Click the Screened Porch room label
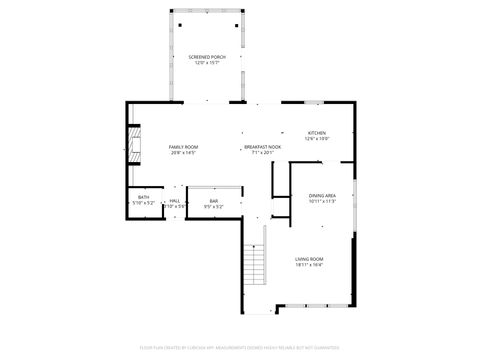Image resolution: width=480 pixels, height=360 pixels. tap(208, 57)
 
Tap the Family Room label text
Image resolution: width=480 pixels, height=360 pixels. tap(183, 147)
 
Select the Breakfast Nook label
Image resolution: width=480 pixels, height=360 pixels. tap(263, 147)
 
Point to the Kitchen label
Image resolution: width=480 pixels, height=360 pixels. tap(317, 132)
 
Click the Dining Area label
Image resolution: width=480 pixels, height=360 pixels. tap(322, 195)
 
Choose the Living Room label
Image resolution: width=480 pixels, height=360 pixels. tap(309, 259)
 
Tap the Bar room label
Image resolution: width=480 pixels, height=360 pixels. tap(213, 201)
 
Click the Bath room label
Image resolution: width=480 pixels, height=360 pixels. tap(144, 197)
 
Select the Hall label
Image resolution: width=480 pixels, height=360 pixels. tap(174, 201)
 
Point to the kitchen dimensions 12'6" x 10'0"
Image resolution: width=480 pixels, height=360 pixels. tap(317, 138)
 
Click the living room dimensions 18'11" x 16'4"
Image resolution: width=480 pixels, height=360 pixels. tap(309, 265)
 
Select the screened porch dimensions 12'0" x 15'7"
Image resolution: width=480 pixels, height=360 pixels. tap(208, 63)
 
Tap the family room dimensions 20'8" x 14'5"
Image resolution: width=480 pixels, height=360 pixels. tap(183, 153)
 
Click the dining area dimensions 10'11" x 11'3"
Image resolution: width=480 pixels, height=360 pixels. tap(322, 201)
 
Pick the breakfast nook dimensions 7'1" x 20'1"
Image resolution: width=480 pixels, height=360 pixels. tap(263, 153)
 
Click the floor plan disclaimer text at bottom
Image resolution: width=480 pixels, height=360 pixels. tap(240, 348)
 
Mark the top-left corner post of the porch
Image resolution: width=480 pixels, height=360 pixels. tap(171, 11)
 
